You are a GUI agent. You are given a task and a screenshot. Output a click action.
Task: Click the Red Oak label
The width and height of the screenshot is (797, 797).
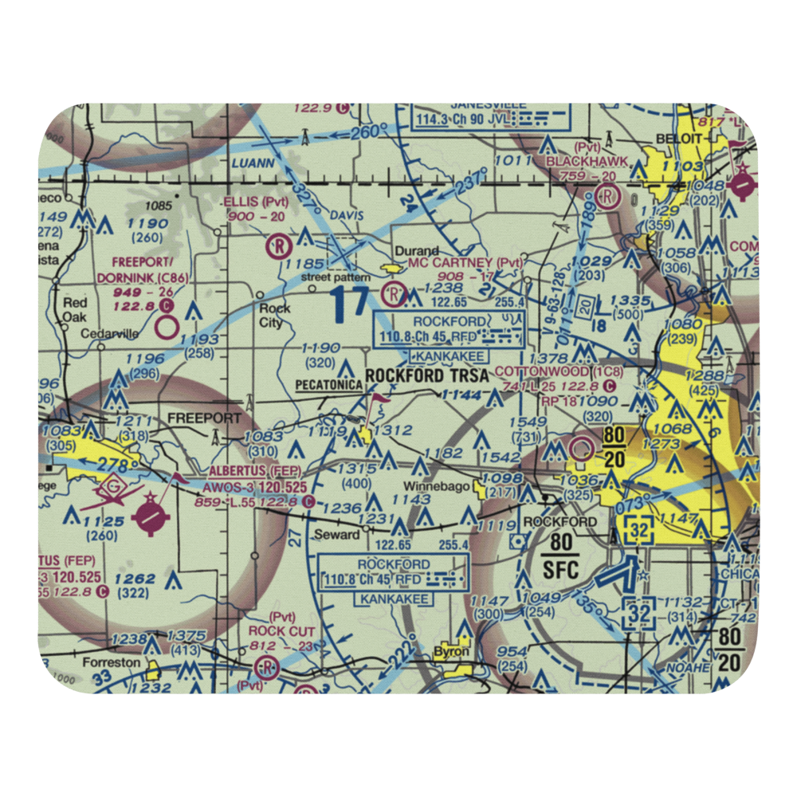click(x=75, y=310)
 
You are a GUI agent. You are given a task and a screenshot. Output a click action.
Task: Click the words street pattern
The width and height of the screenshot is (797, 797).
click(x=335, y=277)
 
